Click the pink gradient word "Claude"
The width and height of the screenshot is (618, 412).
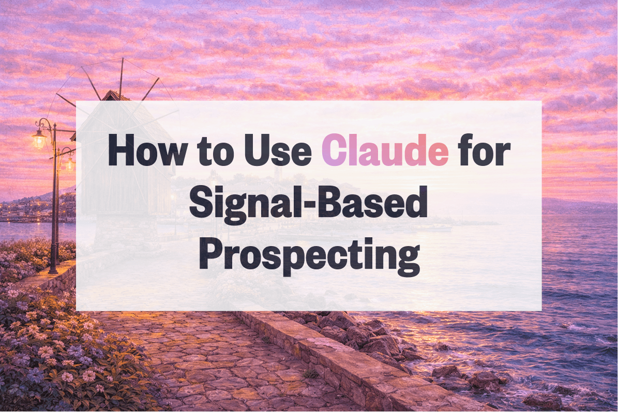coord(385,150)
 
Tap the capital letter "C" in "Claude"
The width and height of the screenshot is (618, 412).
coord(334,150)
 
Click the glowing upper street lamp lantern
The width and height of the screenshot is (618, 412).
coord(39,139)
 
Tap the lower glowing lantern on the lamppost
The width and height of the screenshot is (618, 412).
coord(69,164)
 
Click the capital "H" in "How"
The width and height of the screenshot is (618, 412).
coord(120,150)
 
